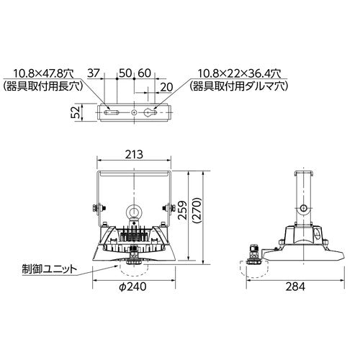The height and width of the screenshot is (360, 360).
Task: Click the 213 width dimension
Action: (134, 153)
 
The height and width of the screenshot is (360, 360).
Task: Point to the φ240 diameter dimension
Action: (134, 286)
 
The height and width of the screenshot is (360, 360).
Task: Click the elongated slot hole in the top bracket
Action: (112, 113)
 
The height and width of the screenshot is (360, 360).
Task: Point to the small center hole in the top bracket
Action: (134, 113)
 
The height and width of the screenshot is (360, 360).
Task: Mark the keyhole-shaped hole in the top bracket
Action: (153, 113)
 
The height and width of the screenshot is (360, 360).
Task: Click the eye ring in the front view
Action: (134, 213)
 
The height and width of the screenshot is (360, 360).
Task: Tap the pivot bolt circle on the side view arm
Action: (305, 209)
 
